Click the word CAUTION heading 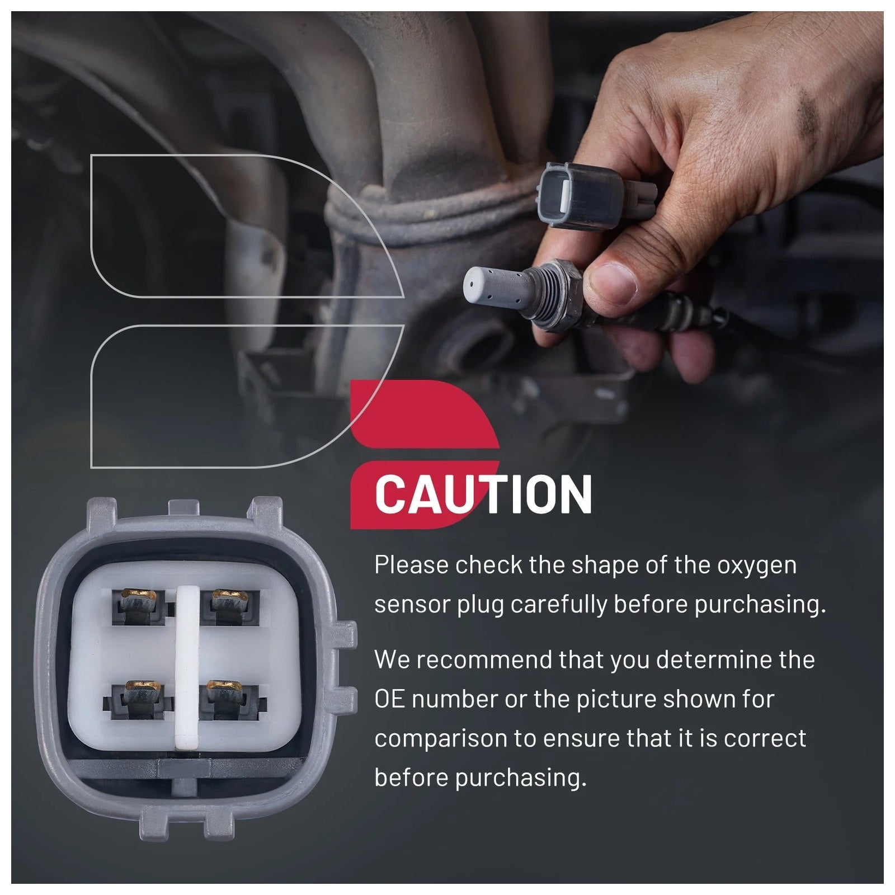pyautogui.click(x=483, y=494)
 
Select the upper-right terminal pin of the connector pyautogui.click(x=230, y=606)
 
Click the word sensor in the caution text pyautogui.click(x=412, y=605)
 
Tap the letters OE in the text pyautogui.click(x=390, y=700)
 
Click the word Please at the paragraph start pyautogui.click(x=412, y=565)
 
